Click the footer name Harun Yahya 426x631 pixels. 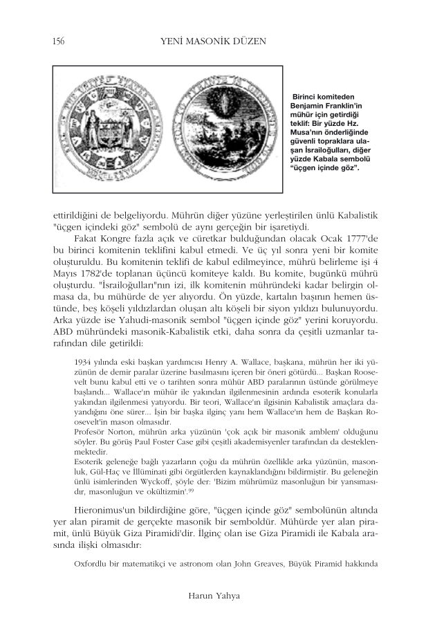tap(213, 594)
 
